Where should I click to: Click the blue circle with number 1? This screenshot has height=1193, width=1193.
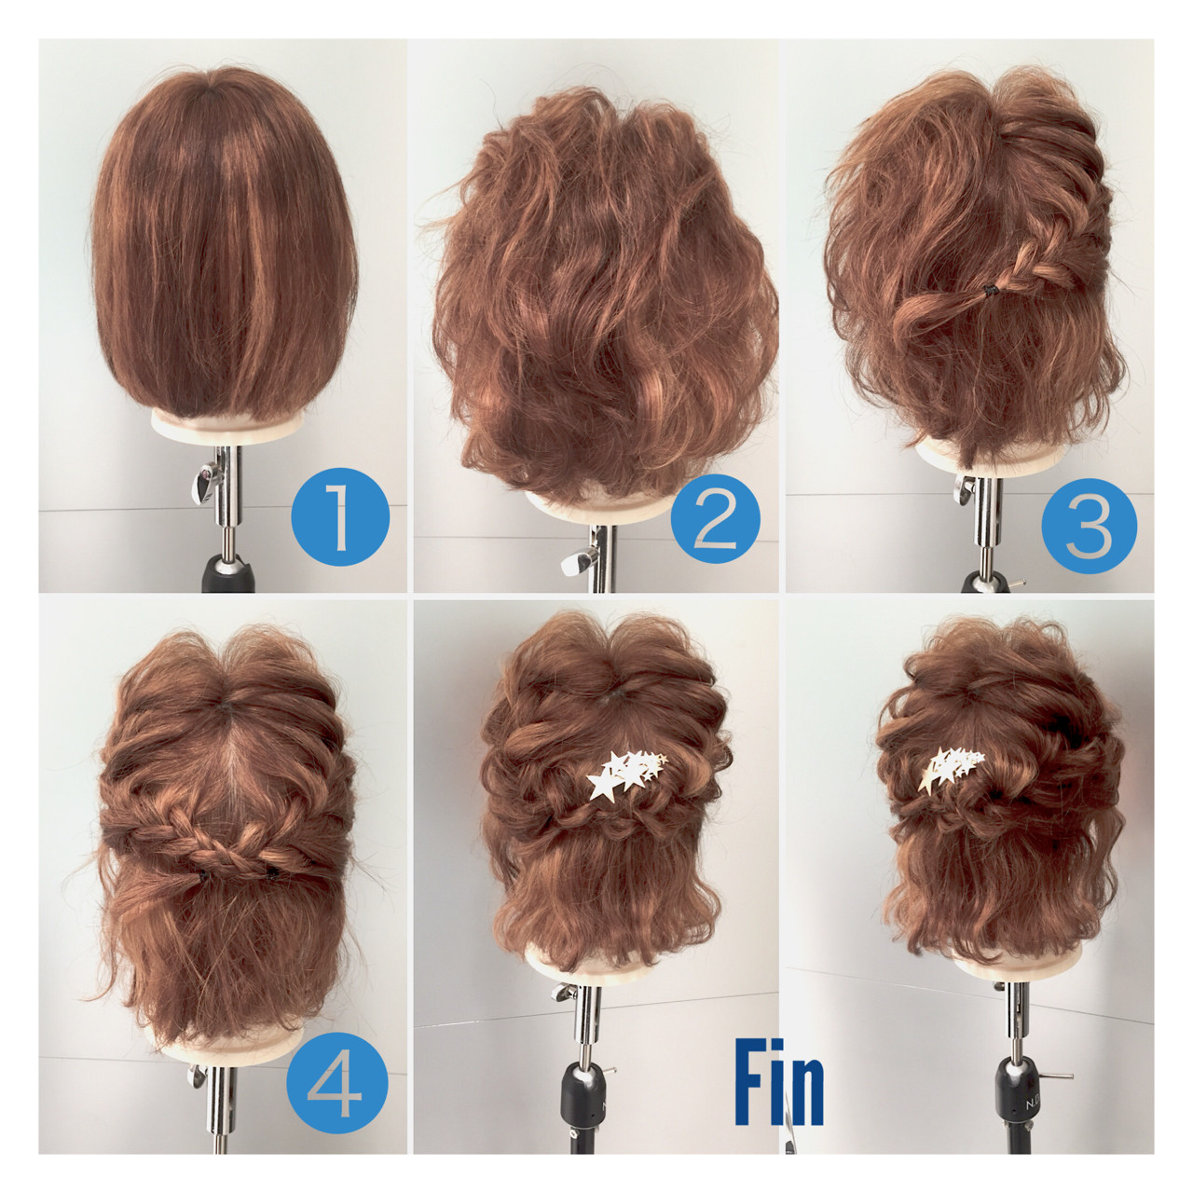coord(340,515)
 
